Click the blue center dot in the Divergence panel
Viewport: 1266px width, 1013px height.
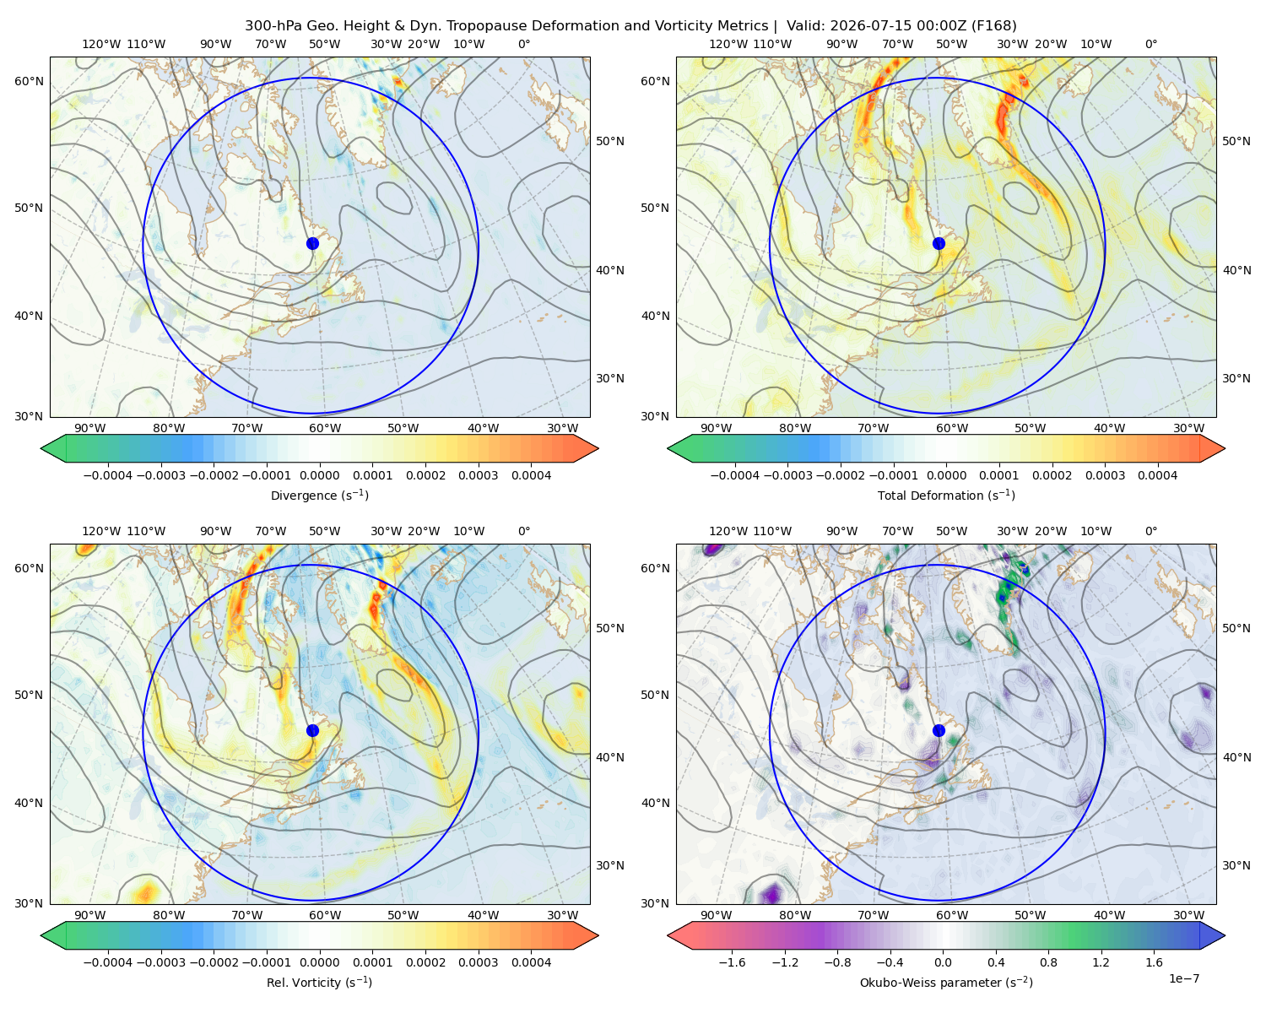click(312, 243)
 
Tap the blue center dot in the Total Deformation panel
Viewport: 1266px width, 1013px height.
click(939, 243)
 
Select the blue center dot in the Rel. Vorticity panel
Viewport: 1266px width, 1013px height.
click(312, 730)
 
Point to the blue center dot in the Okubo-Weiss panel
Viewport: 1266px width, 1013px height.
click(939, 730)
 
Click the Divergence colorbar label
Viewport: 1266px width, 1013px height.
click(319, 495)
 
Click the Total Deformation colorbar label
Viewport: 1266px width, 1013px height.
click(946, 495)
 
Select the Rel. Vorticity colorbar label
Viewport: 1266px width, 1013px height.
click(319, 982)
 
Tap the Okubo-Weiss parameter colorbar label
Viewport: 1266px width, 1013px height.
click(946, 982)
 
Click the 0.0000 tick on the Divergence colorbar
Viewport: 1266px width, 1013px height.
click(319, 475)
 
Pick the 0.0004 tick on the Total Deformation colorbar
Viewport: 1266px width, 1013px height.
click(1157, 475)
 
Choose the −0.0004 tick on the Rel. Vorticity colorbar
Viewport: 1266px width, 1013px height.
click(108, 962)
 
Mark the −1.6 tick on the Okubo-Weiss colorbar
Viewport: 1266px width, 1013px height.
click(732, 962)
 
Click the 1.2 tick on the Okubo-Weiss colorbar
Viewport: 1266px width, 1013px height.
click(1101, 962)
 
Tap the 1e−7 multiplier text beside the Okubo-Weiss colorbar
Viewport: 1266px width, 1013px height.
click(1183, 978)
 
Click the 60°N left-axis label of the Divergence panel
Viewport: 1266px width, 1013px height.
click(29, 81)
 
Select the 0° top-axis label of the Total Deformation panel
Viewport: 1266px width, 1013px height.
click(1150, 44)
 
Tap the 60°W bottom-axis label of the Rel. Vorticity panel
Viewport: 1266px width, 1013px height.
click(325, 915)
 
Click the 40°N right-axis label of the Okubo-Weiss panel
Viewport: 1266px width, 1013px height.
click(1236, 757)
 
